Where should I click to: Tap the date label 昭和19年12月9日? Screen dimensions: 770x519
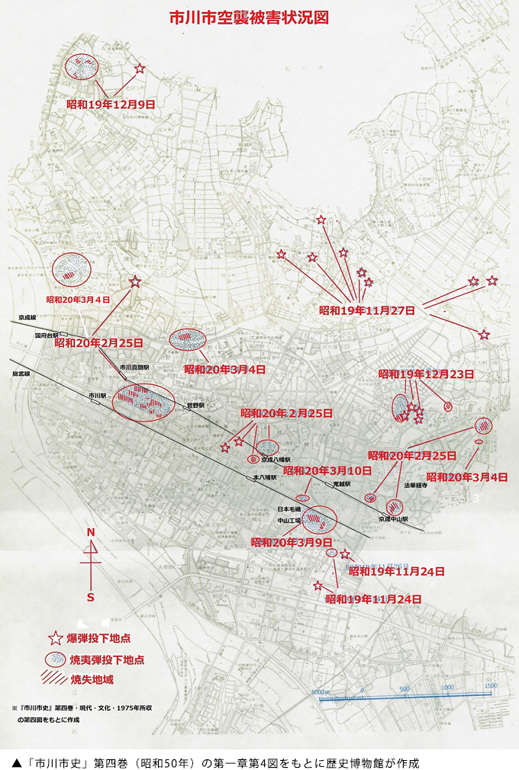[111, 104]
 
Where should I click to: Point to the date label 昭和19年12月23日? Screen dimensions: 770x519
[426, 374]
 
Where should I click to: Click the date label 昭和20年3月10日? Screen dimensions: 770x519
[327, 470]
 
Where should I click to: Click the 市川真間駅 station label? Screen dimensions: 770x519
[134, 367]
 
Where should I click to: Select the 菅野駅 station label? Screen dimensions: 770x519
[197, 406]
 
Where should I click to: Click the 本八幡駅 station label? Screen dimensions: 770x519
[266, 477]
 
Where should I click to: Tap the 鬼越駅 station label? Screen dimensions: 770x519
[341, 484]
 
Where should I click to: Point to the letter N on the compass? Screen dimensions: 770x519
[90, 532]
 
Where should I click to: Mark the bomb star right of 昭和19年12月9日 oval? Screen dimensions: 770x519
[139, 69]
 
